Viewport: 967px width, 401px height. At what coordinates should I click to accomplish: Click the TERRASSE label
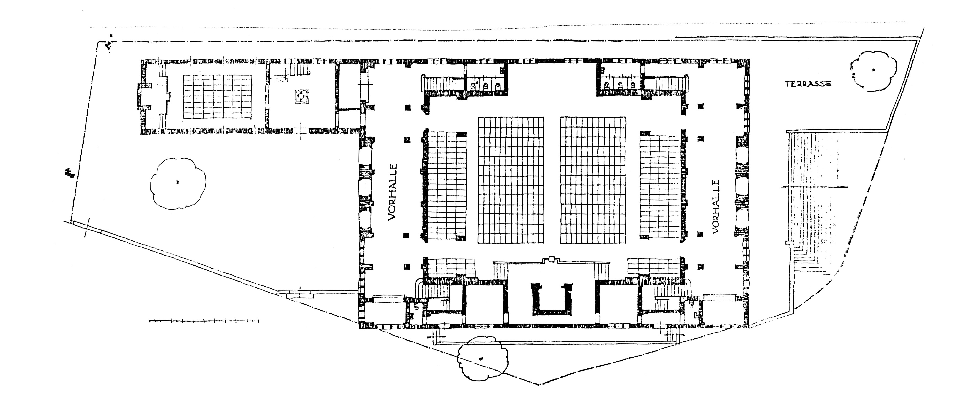[x=808, y=84]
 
